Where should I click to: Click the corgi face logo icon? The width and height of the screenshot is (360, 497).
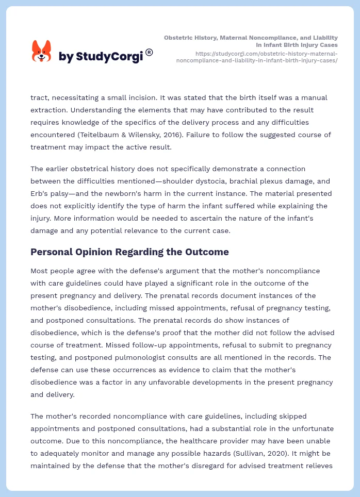click(x=42, y=52)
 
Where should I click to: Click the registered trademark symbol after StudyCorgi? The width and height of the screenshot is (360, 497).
click(x=149, y=52)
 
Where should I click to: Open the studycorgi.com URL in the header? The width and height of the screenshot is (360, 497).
click(x=257, y=57)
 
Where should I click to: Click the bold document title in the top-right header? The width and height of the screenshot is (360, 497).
click(x=251, y=41)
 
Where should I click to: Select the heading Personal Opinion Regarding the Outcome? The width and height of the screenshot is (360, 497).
click(x=129, y=252)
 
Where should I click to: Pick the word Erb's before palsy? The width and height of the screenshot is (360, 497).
click(x=41, y=193)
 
